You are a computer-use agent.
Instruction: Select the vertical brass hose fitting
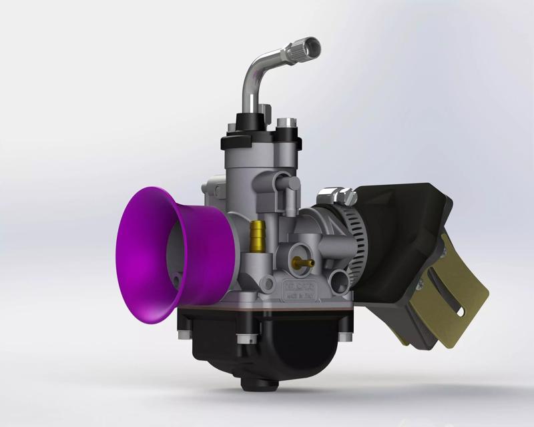(x=256, y=234)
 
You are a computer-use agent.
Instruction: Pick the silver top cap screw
(x=287, y=123)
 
